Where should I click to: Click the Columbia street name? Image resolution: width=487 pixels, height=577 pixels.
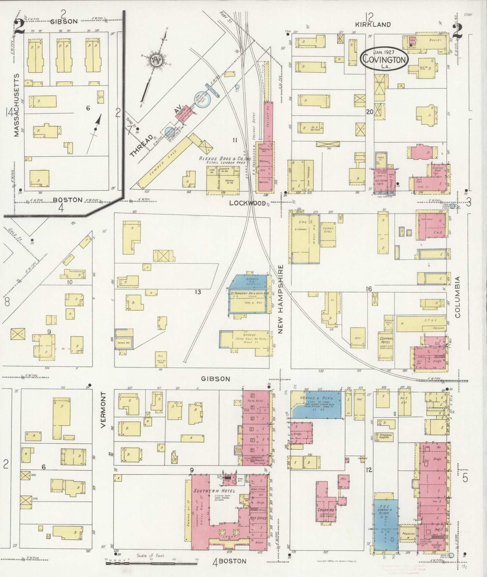click(x=457, y=297)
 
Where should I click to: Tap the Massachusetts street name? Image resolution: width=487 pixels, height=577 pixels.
click(x=17, y=105)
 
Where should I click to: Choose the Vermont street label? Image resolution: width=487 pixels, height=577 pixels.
click(x=103, y=410)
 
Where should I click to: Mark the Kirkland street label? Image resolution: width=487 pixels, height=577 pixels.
click(x=373, y=24)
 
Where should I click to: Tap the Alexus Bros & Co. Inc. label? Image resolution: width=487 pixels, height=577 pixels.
click(x=223, y=158)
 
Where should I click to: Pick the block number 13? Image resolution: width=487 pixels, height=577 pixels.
click(x=198, y=292)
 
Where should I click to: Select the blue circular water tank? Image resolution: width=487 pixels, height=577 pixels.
click(x=203, y=100)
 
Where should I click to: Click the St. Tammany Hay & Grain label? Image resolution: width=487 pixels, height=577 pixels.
click(x=249, y=294)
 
